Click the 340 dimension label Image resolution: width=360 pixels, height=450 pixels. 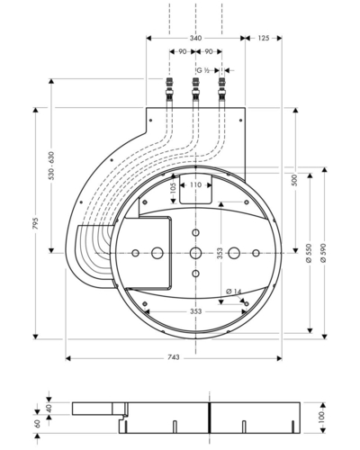[x=195, y=38]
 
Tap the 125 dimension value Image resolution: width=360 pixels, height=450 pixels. [x=264, y=38]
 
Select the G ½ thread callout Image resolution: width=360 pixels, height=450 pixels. [x=202, y=70]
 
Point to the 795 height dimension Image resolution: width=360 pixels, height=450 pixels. [x=36, y=223]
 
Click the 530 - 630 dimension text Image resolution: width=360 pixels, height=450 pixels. [x=51, y=166]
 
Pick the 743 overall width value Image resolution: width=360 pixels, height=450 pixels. [x=174, y=357]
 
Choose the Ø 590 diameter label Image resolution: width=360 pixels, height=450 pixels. [x=324, y=254]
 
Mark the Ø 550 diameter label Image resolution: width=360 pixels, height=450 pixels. [x=310, y=254]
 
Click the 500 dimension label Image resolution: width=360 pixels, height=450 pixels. [x=295, y=180]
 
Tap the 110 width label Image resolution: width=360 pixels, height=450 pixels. [x=195, y=184]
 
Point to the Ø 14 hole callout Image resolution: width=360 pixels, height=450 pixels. [x=234, y=291]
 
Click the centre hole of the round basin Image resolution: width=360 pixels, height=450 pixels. [x=195, y=253]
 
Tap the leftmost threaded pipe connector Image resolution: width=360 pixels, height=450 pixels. [x=169, y=89]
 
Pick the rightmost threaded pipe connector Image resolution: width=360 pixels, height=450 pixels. [x=222, y=89]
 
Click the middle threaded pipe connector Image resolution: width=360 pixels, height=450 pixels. [x=195, y=89]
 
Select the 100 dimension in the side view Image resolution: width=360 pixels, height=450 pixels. [x=321, y=418]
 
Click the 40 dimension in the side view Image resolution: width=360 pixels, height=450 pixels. [x=49, y=408]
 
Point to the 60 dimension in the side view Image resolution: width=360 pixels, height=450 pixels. [x=38, y=424]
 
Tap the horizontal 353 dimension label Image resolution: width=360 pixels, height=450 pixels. [x=195, y=311]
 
